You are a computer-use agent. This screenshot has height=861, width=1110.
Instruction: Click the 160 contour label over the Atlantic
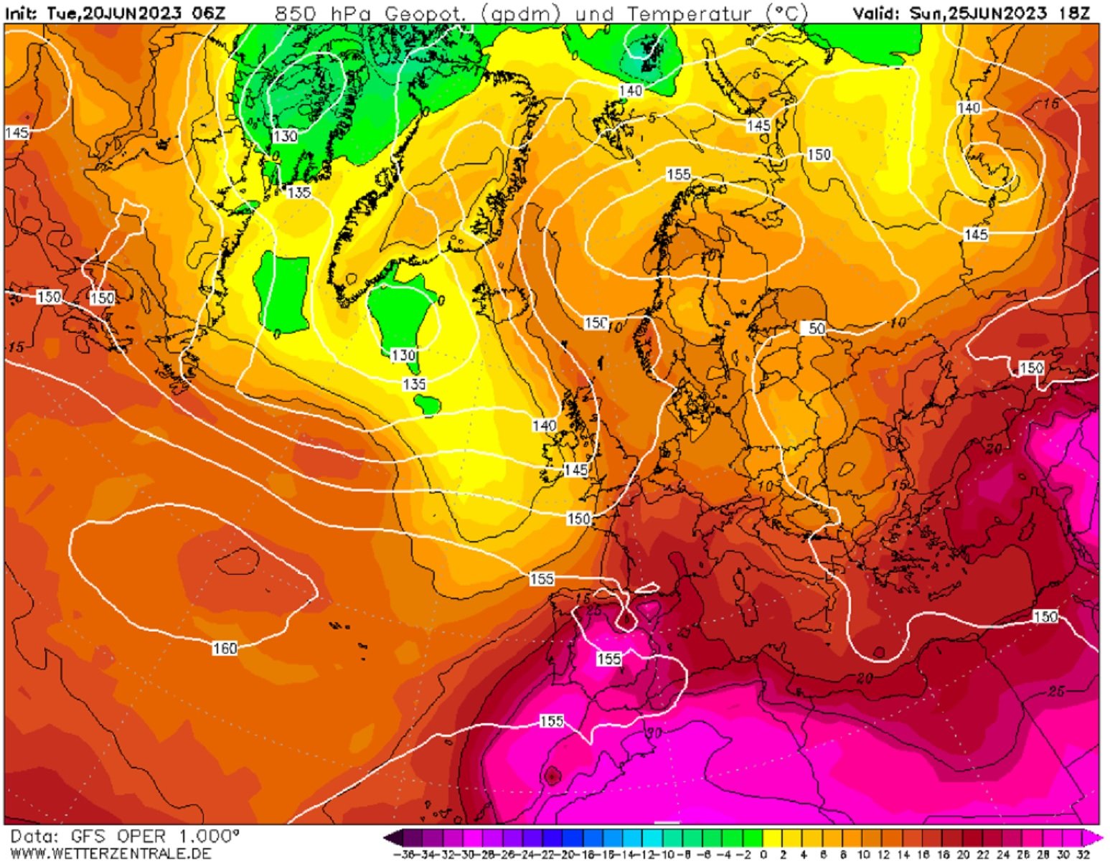coord(225,649)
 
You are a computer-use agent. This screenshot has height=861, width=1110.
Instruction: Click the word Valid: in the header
coord(876,13)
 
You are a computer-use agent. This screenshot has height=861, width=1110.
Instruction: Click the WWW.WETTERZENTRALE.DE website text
coord(111,853)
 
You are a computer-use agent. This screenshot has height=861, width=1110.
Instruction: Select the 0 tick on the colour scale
coord(763,855)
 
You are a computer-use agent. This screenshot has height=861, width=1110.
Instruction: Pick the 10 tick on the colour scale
coord(863,855)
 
